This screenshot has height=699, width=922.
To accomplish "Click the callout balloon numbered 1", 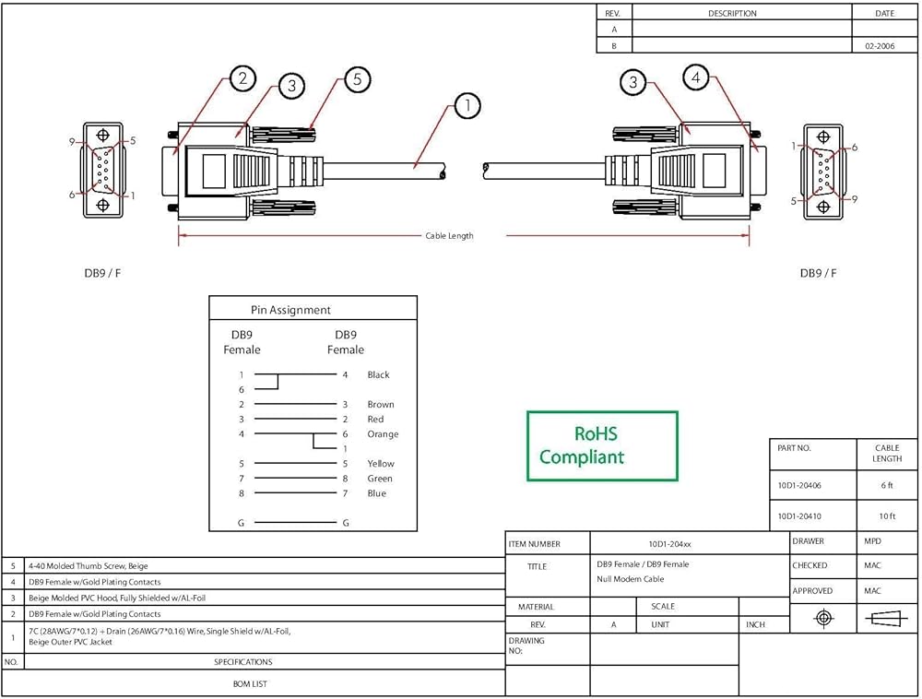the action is tap(467, 106).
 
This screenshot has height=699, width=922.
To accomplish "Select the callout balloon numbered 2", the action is tap(242, 78).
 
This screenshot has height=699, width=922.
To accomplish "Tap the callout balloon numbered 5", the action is tap(357, 79).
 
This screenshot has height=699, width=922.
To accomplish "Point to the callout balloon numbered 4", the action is tap(696, 78).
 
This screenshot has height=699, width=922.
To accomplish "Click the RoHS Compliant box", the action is tap(602, 445).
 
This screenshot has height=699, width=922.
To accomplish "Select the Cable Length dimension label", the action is tap(449, 236).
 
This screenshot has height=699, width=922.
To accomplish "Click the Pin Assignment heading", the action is tap(290, 311).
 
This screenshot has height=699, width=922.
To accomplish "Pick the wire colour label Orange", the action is tap(383, 434).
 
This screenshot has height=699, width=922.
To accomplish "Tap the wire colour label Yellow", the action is tap(380, 464).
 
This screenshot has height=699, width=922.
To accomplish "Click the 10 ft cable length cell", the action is tap(887, 515).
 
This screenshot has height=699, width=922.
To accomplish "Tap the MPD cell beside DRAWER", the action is tap(871, 541).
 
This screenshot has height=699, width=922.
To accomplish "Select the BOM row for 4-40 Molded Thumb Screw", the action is tap(89, 565).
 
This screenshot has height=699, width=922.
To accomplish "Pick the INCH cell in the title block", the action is tap(755, 624).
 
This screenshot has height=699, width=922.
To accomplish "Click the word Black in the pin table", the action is tap(378, 375).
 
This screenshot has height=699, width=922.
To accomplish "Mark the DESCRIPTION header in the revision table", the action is tap(732, 14).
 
